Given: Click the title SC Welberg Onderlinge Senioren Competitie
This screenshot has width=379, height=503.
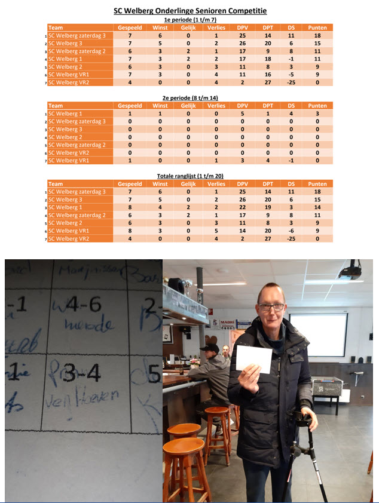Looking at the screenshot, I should click(x=190, y=11).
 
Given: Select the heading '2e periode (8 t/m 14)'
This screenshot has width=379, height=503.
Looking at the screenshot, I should click(x=190, y=97).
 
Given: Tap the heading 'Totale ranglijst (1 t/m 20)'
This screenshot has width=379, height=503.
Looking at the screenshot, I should click(x=190, y=176).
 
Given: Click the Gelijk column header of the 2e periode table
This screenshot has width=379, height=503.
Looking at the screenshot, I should click(x=188, y=106).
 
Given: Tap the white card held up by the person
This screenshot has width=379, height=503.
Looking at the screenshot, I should click(x=254, y=359).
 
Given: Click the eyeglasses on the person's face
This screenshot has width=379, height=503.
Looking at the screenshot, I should click(x=272, y=307).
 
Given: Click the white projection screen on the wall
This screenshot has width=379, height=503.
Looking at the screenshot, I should click(x=318, y=335).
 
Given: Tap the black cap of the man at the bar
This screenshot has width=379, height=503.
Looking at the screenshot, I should click(x=210, y=348).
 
